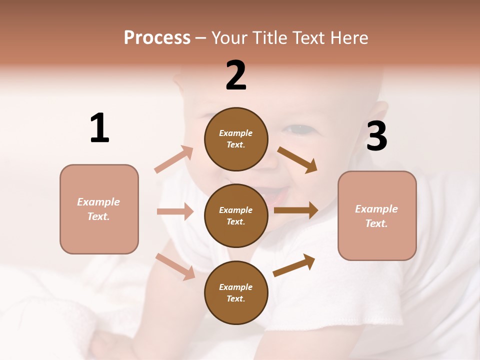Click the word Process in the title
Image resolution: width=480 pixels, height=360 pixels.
coord(157,38)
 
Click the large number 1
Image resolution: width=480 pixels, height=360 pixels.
coord(99,128)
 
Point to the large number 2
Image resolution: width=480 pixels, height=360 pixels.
coord(236,75)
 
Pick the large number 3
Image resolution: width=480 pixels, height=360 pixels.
coord(376,136)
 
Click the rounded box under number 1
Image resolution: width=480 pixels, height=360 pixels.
coord(99,209)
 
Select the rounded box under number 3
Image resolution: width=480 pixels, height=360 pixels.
coord(377,215)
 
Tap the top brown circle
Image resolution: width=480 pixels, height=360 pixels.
coord(236,139)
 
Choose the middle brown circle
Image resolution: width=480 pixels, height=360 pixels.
coord(236,215)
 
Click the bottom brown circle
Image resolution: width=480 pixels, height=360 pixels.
coord(236,292)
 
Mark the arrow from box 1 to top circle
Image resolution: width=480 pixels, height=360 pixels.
coord(174,159)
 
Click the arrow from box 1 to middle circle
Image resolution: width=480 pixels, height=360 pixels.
coord(175,211)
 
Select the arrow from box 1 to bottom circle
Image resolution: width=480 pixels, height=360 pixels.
coord(175,266)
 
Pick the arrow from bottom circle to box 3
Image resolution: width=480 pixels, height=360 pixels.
coord(294,265)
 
